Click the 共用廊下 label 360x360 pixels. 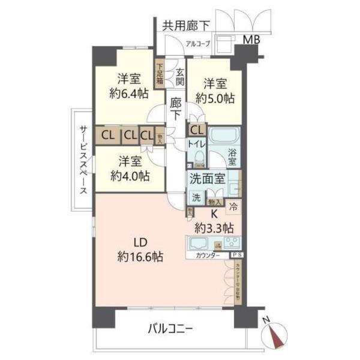186,26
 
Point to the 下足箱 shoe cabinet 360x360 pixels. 160,75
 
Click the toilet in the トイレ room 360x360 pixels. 199,158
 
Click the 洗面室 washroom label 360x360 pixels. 207,178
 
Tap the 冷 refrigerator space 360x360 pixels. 233,207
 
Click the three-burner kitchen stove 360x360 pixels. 232,244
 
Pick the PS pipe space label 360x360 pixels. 232,256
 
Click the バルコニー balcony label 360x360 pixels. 170,329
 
